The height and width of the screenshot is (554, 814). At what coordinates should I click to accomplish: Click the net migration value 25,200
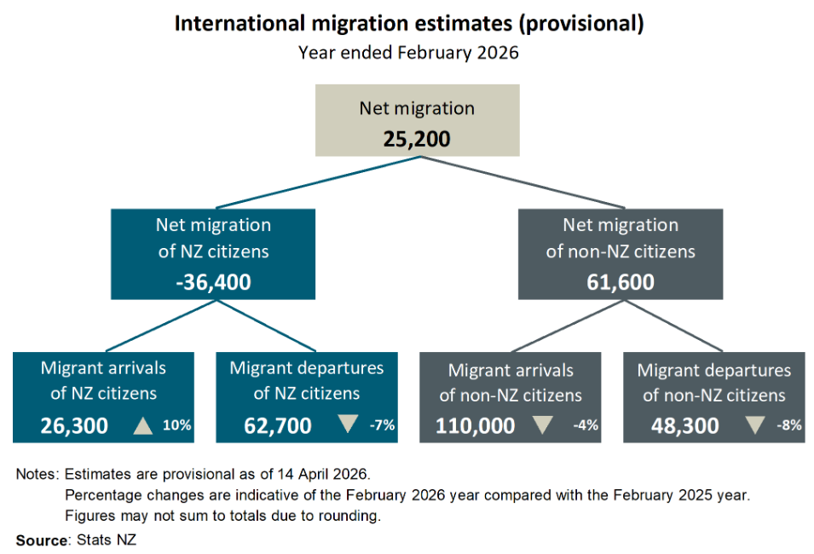click(x=416, y=137)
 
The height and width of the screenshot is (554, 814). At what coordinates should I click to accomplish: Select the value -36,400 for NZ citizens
click(x=213, y=280)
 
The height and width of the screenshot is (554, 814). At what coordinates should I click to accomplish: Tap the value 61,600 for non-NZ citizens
click(x=621, y=280)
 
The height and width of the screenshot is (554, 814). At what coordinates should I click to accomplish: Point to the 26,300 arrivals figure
click(x=74, y=424)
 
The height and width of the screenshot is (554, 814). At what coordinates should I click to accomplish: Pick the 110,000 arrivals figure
click(x=476, y=424)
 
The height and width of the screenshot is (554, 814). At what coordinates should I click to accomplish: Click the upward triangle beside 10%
click(x=143, y=424)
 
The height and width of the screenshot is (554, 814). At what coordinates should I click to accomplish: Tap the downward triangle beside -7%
click(x=346, y=424)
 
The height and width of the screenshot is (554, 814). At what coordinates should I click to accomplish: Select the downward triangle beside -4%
click(x=544, y=424)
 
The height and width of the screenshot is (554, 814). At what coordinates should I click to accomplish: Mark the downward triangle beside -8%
click(x=753, y=424)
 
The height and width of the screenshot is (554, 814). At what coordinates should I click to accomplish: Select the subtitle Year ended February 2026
click(x=408, y=52)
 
